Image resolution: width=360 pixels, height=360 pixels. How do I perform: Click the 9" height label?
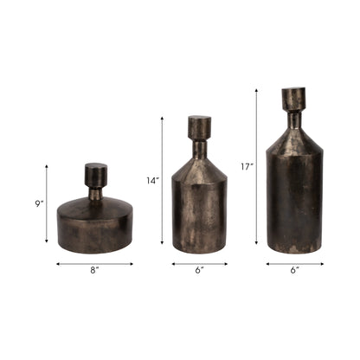[39, 204]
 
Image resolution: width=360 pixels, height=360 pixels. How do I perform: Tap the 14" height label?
[152, 181]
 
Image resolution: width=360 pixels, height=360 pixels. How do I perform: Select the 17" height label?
[247, 166]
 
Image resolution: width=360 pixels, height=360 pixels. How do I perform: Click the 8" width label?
[95, 271]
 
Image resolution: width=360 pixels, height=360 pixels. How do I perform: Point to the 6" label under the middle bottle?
[199, 271]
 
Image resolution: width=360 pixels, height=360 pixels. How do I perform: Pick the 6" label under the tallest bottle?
[294, 271]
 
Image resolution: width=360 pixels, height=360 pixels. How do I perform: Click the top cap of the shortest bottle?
[95, 173]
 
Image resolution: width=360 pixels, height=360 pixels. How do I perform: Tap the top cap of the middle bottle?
[200, 127]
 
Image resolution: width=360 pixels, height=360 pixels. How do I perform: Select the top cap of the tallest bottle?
[294, 97]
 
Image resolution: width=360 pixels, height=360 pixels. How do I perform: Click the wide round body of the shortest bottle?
[95, 227]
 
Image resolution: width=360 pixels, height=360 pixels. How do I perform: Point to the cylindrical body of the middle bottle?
[200, 216]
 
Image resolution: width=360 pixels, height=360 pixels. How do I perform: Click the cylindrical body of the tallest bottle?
[294, 203]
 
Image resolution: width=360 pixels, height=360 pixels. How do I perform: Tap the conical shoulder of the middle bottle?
[200, 169]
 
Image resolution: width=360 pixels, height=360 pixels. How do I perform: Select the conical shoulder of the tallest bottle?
[294, 138]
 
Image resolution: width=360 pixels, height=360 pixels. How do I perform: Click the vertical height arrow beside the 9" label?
[46, 205]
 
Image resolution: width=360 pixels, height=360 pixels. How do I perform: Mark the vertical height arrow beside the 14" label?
[162, 183]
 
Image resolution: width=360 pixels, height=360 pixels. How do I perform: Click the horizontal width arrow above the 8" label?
[95, 263]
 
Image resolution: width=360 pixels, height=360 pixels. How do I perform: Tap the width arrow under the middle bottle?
[199, 263]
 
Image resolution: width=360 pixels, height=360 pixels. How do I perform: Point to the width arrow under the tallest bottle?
[294, 263]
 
